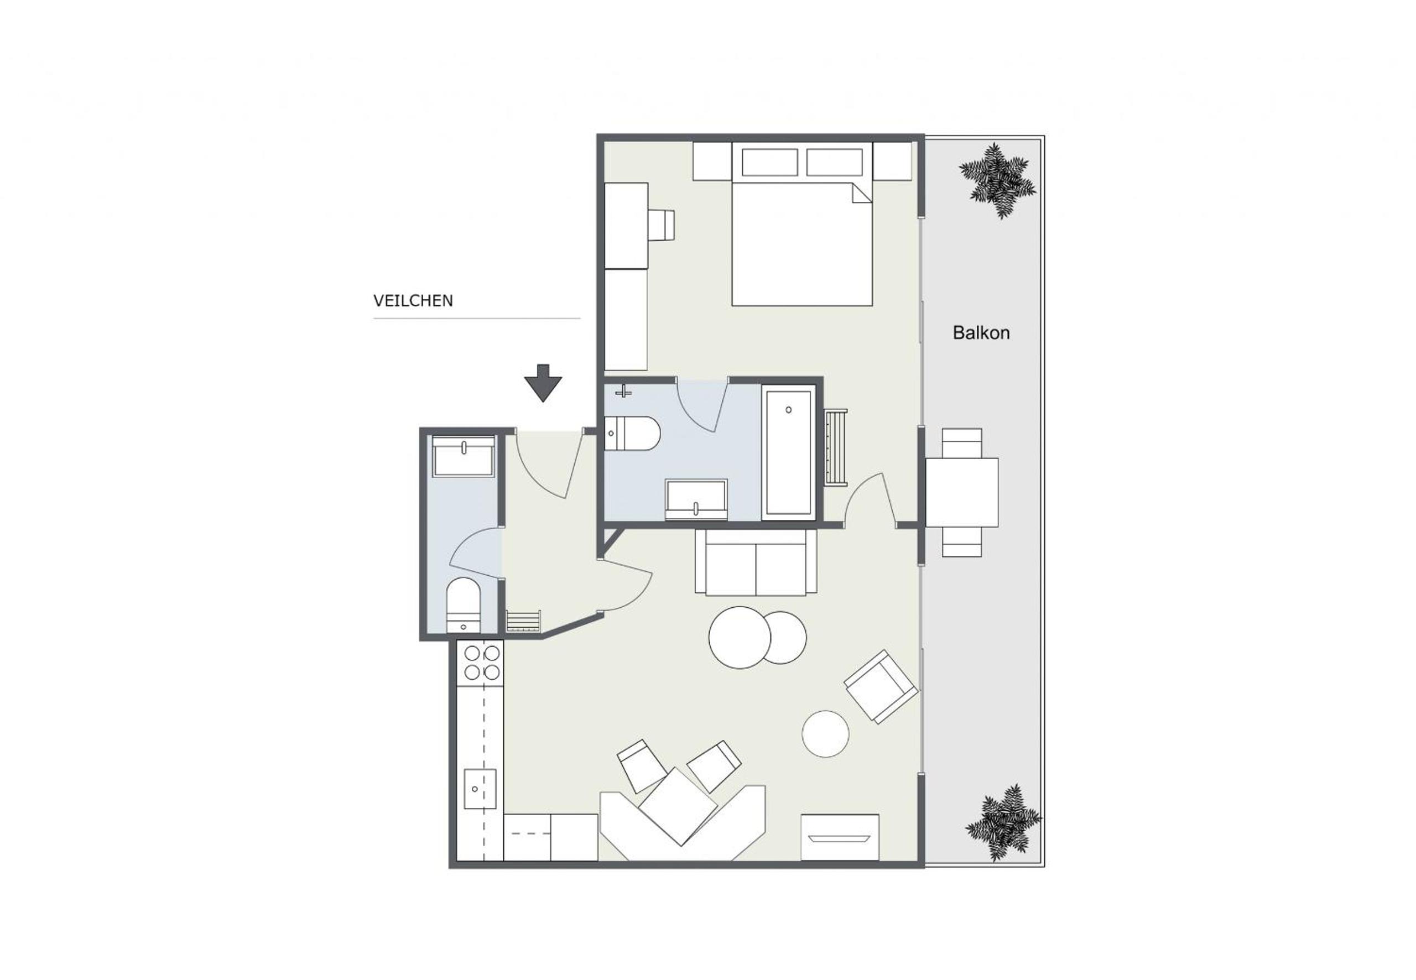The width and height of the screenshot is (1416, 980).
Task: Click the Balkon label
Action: pyautogui.click(x=981, y=333)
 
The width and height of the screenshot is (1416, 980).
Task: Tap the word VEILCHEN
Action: pyautogui.click(x=413, y=301)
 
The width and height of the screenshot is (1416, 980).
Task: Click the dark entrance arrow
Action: pyautogui.click(x=543, y=383)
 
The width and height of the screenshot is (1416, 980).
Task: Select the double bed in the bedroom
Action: pyautogui.click(x=802, y=224)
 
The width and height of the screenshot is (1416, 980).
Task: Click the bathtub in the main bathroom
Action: pyautogui.click(x=788, y=452)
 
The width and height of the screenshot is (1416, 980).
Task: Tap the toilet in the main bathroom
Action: pyautogui.click(x=632, y=434)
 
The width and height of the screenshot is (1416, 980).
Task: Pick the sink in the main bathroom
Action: pyautogui.click(x=696, y=499)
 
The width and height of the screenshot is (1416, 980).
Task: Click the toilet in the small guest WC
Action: pyautogui.click(x=463, y=605)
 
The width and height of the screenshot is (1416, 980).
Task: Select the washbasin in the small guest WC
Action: pyautogui.click(x=464, y=456)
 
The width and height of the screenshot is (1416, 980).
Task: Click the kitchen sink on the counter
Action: pyautogui.click(x=480, y=789)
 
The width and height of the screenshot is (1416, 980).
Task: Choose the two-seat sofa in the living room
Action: pyautogui.click(x=756, y=562)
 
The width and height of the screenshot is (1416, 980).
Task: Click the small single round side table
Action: pyautogui.click(x=825, y=734)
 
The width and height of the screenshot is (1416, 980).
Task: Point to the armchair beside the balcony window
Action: pyautogui.click(x=881, y=686)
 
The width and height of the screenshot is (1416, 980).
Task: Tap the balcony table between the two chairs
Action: pyautogui.click(x=961, y=492)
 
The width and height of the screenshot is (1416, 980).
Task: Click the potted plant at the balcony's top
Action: pyautogui.click(x=998, y=180)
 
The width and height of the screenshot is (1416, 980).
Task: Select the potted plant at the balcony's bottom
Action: pyautogui.click(x=1003, y=823)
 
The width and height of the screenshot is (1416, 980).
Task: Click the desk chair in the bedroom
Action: pyautogui.click(x=662, y=225)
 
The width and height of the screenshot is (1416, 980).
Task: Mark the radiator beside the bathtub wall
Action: pyautogui.click(x=836, y=447)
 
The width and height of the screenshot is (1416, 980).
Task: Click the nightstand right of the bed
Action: pyautogui.click(x=892, y=161)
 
